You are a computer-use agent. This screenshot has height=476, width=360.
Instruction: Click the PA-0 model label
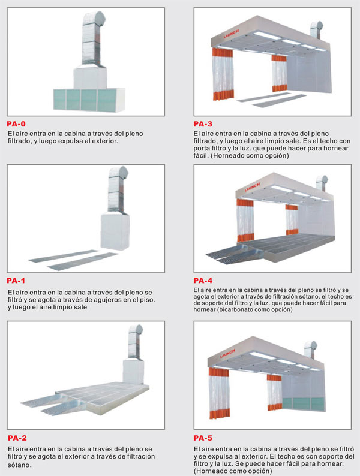[16, 124]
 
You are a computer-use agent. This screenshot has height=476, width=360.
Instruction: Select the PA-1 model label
[16, 281]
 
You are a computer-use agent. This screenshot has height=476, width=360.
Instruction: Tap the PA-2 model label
[17, 438]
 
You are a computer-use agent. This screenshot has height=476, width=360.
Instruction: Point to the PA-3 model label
[203, 124]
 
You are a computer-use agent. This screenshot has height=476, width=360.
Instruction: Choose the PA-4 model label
[203, 281]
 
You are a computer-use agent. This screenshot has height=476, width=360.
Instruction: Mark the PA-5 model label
[203, 438]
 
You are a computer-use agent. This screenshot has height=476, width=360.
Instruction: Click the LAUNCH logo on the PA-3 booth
[231, 34]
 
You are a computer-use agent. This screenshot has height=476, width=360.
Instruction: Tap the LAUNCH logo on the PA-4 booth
[252, 187]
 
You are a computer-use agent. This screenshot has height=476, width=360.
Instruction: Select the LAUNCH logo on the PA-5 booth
[227, 353]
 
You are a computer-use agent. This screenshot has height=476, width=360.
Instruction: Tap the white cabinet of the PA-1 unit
[115, 231]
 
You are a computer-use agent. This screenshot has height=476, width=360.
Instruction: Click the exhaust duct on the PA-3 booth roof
[317, 30]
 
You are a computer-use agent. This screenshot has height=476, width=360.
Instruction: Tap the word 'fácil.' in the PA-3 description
[201, 156]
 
